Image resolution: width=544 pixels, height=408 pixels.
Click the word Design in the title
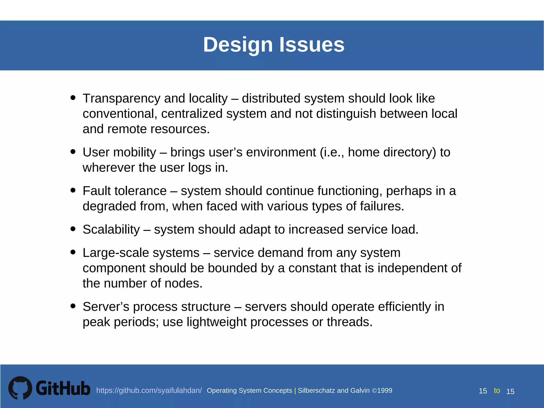point(238,45)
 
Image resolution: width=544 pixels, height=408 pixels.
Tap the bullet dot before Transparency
point(73,97)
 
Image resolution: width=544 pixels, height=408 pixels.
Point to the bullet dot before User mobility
point(73,151)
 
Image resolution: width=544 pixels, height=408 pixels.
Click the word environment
point(281,152)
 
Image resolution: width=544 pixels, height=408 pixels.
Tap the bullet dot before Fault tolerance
point(73,190)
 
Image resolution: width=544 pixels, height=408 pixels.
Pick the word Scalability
point(111,229)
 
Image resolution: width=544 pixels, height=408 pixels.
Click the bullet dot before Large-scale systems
point(73,252)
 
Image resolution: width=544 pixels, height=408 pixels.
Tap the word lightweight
point(216,322)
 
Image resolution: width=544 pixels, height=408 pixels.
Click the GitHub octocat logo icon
point(20,388)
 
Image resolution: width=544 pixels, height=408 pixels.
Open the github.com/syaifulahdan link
point(149,390)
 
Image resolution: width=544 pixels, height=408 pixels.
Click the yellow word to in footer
point(497,390)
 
